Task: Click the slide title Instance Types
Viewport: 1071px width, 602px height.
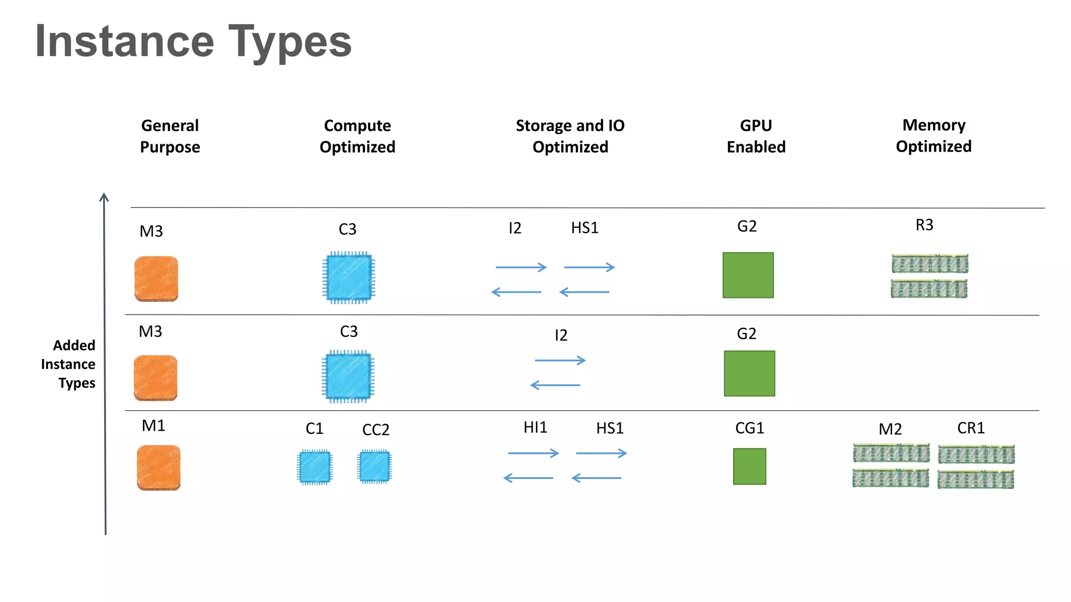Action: pos(193,42)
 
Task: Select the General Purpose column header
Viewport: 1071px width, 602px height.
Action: pos(170,136)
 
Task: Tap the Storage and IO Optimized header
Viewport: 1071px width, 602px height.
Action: pos(570,136)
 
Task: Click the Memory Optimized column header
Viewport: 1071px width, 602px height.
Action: pos(933,135)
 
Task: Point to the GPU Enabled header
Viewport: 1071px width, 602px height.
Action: pos(756,136)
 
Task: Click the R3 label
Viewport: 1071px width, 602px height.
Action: pos(924,225)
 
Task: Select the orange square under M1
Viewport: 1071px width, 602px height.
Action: pos(158,468)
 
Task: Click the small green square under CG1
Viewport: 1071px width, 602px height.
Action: pos(749,467)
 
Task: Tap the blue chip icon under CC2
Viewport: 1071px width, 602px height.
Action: pos(374,466)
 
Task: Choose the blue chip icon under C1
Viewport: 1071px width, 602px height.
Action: pos(315,467)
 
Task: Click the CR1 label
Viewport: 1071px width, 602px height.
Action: pos(971,429)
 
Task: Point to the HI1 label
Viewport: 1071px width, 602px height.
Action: pos(535,427)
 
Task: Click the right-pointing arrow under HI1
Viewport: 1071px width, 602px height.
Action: pos(533,453)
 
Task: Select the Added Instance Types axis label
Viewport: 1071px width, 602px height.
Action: pos(69,364)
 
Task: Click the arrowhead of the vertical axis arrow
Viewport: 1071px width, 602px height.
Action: pos(104,198)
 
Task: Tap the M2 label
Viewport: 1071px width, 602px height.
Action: pos(890,430)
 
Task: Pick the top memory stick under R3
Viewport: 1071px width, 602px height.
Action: pos(930,264)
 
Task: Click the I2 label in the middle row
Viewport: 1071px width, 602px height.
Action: pos(561,335)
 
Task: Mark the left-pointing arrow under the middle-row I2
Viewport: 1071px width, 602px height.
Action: pos(555,386)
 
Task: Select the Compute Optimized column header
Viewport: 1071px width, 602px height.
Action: pos(357,136)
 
